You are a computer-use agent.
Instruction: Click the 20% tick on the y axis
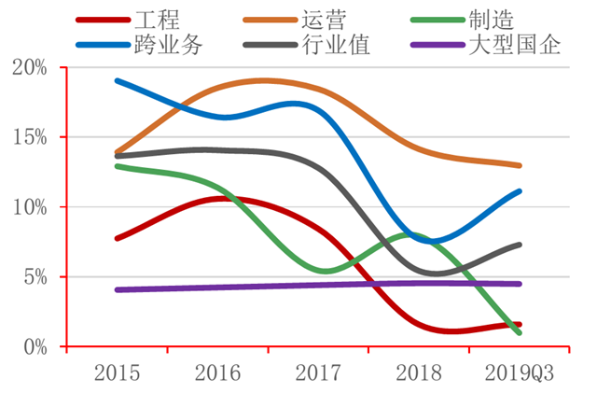coord(33,67)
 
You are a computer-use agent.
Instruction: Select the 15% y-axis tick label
coord(33,137)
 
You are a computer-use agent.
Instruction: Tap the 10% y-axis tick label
coord(33,207)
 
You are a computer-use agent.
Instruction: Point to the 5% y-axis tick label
coord(37,277)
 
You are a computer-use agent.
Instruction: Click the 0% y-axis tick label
coord(37,347)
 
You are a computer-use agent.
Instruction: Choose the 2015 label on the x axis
coord(118,374)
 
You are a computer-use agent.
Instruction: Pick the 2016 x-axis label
coord(218,374)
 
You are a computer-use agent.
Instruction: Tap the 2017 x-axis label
coord(319,374)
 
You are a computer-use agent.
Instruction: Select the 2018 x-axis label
coord(419,374)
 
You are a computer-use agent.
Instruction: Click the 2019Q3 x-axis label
coord(520,374)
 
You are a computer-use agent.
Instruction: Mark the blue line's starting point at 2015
coord(118,80)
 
